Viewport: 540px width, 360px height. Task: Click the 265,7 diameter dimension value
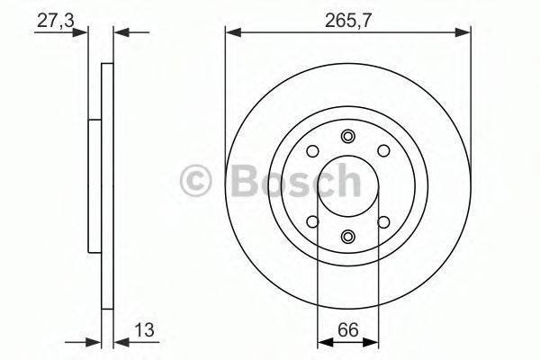coord(347,16)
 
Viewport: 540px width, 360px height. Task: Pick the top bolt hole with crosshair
coord(347,136)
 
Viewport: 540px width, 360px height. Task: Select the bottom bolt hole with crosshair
coord(347,237)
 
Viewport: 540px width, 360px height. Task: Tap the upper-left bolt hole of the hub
coord(312,151)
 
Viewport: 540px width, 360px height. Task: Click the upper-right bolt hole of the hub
coord(382,151)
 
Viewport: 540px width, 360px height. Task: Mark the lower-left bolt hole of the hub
coord(312,221)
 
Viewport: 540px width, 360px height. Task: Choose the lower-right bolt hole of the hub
coord(382,221)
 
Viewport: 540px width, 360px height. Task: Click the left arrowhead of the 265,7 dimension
coord(232,33)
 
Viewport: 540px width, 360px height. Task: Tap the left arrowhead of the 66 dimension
coord(324,342)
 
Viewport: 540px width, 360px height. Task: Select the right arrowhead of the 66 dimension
coord(371,342)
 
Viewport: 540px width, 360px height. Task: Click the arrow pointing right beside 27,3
coord(84,33)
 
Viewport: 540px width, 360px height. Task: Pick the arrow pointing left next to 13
coord(121,342)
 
